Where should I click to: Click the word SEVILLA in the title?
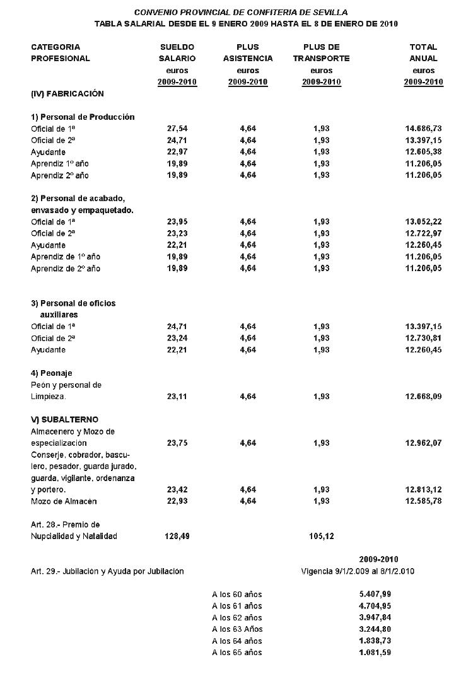tap(330, 13)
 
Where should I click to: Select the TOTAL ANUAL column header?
tap(423, 53)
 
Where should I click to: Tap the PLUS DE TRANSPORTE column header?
tap(321, 53)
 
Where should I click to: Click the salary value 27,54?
tap(177, 129)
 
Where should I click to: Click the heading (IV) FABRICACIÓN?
tap(67, 93)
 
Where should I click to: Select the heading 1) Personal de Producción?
tap(83, 117)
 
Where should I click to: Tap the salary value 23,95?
tap(177, 222)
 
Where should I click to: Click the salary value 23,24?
tap(177, 338)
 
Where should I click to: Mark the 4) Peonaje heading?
tap(51, 373)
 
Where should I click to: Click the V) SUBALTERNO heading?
tap(64, 420)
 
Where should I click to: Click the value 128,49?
tap(177, 536)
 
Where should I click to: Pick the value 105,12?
tap(321, 536)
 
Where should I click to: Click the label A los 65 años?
tap(237, 652)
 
